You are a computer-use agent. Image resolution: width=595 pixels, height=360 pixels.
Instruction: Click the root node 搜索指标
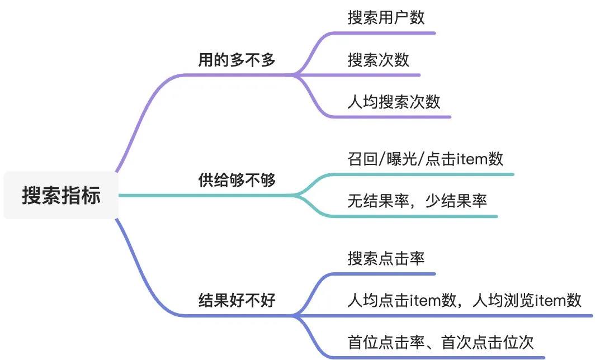click(x=62, y=196)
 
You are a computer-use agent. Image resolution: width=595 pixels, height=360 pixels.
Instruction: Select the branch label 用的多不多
click(x=237, y=60)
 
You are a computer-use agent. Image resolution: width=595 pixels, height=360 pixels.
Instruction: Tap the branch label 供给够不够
click(x=237, y=180)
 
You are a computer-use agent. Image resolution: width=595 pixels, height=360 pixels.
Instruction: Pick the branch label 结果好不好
click(x=237, y=300)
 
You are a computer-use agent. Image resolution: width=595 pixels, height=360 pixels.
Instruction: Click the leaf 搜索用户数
click(x=386, y=17)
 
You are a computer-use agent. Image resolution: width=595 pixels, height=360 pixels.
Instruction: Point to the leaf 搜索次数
click(x=379, y=60)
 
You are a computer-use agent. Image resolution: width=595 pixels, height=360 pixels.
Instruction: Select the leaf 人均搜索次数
click(x=394, y=102)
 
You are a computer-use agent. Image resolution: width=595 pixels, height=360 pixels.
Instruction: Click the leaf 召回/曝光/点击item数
click(x=425, y=159)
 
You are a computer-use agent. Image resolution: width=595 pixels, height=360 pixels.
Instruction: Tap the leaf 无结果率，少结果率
click(x=417, y=200)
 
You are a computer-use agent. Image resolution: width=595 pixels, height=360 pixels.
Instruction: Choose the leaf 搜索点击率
click(x=386, y=258)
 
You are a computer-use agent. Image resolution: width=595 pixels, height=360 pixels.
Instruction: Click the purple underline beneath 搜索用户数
click(x=391, y=33)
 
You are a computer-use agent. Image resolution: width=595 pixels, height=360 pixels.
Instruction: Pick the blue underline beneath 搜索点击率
click(x=391, y=274)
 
